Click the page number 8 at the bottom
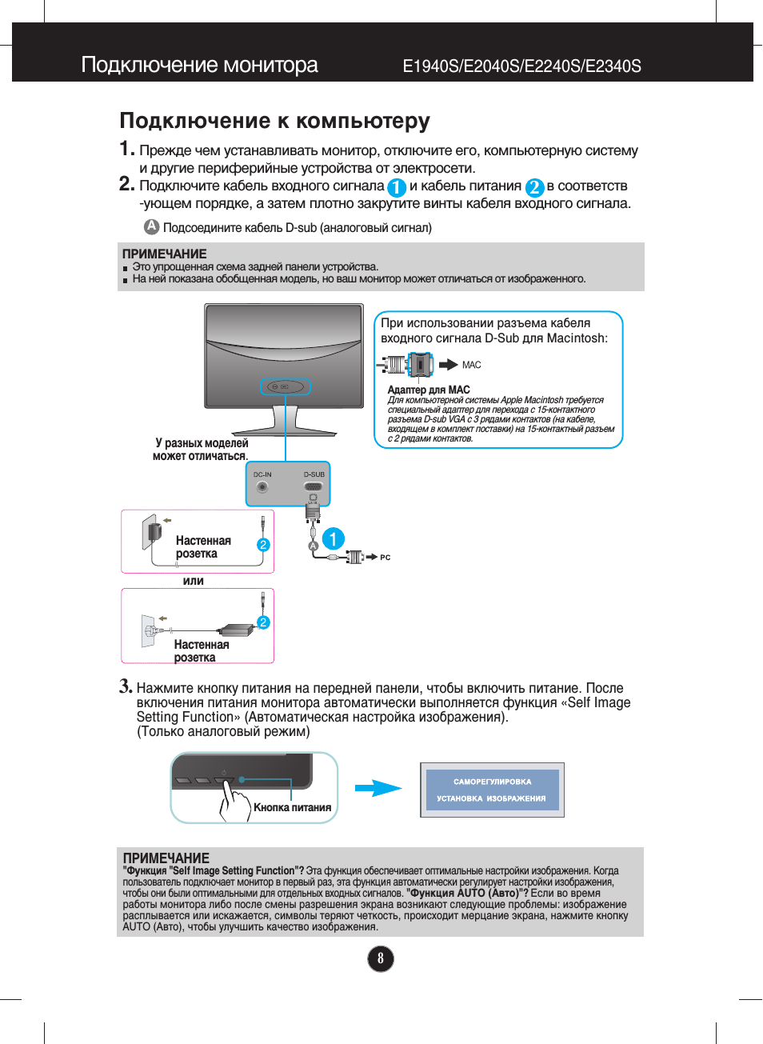click(x=381, y=958)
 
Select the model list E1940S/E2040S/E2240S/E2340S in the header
click(x=521, y=66)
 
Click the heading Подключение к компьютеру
click(x=274, y=121)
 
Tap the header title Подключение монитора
click(x=199, y=65)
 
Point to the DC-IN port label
click(x=262, y=474)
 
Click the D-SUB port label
click(x=314, y=474)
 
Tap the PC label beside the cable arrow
click(x=385, y=558)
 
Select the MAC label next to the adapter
click(x=471, y=365)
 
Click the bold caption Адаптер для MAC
click(x=429, y=390)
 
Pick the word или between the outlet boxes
click(x=194, y=581)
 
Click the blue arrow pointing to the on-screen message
click(x=378, y=789)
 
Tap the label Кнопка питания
click(x=292, y=807)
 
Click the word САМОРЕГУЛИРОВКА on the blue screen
click(x=492, y=782)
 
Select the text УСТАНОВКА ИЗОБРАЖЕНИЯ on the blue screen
click(x=491, y=798)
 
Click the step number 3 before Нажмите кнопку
click(x=125, y=686)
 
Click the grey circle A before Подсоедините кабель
click(x=151, y=226)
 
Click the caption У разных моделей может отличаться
click(x=201, y=450)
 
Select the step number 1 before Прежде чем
click(x=126, y=149)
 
